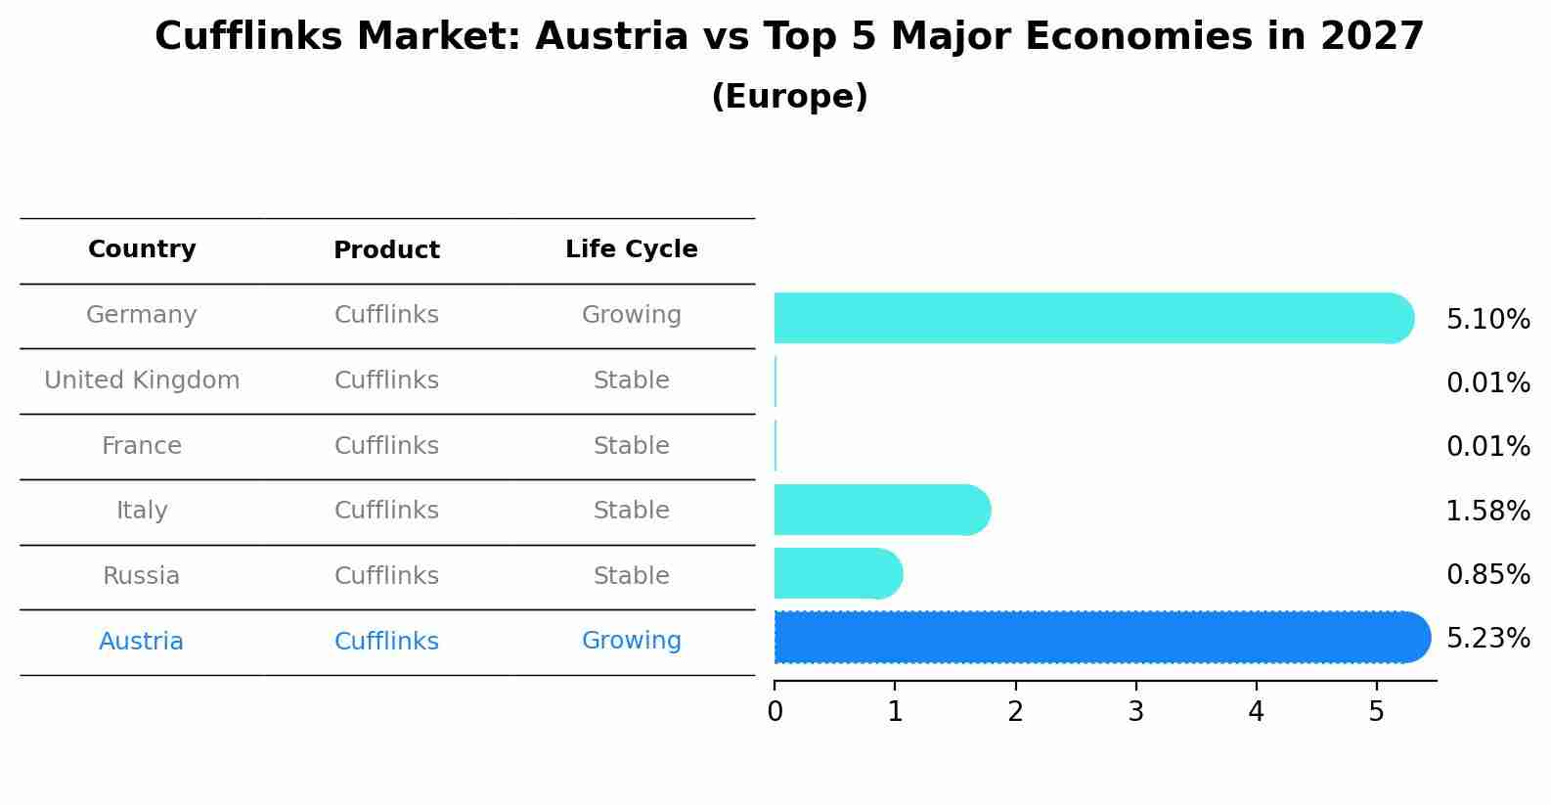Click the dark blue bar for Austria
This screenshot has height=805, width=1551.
coord(1095,638)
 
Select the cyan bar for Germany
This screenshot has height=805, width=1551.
coord(1086,318)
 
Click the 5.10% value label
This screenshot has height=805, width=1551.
coord(1487,320)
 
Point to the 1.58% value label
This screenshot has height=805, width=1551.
coord(1487,511)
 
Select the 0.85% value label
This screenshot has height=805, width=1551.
coord(1487,575)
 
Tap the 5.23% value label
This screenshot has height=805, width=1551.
coord(1487,639)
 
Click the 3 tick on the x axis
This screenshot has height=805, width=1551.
coord(1135,712)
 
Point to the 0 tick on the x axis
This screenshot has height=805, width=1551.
coord(775,712)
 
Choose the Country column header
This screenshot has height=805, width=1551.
coord(142,249)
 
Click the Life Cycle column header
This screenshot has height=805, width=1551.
coord(631,249)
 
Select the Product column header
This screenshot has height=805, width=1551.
coord(386,250)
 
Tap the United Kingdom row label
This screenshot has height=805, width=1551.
coord(142,380)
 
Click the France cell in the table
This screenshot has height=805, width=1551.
coord(142,446)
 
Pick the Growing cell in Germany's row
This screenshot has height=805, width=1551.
coord(631,315)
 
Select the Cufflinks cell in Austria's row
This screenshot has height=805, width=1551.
coord(386,642)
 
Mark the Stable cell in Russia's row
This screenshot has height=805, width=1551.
coord(631,576)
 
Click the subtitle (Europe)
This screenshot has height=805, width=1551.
coord(789,97)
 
